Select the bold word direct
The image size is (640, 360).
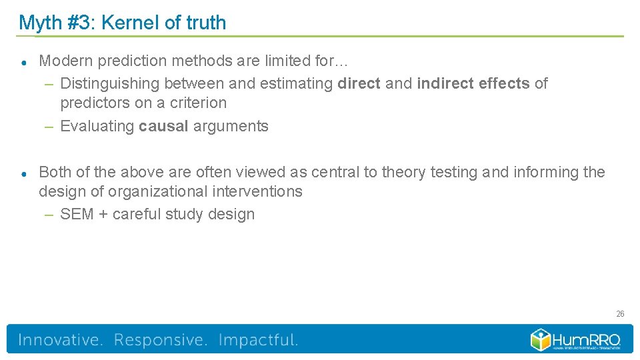tap(359, 83)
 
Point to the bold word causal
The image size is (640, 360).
tap(163, 126)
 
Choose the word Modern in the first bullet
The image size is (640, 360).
tap(66, 61)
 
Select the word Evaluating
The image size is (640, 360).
tap(97, 126)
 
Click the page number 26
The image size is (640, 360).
tap(620, 313)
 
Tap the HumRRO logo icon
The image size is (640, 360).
tap(539, 339)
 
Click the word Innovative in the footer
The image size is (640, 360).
tap(61, 340)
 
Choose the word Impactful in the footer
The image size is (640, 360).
tap(258, 340)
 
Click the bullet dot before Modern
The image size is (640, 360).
tap(23, 62)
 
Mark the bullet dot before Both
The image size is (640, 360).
tap(23, 173)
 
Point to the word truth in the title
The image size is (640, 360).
tap(206, 23)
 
